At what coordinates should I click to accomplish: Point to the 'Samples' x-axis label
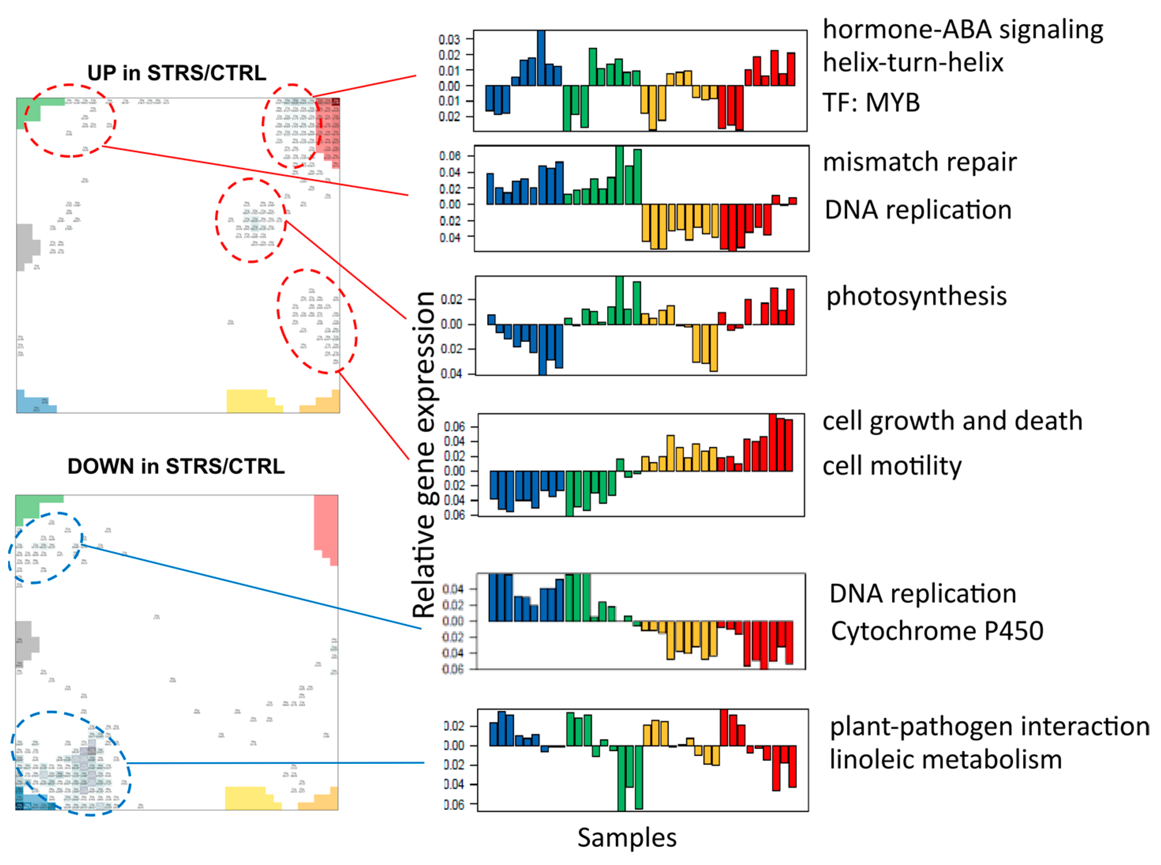tap(626, 837)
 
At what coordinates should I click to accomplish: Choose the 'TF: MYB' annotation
tap(871, 102)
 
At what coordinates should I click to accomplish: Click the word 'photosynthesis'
tap(916, 296)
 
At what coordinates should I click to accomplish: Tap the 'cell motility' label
tap(891, 466)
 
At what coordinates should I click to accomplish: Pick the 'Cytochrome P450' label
tap(936, 630)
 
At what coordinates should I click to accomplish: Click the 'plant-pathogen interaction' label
tap(989, 726)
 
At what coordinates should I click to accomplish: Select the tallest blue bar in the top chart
tap(541, 58)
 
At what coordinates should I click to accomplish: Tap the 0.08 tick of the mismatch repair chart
tap(449, 156)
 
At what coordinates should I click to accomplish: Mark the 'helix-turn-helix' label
tap(913, 62)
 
